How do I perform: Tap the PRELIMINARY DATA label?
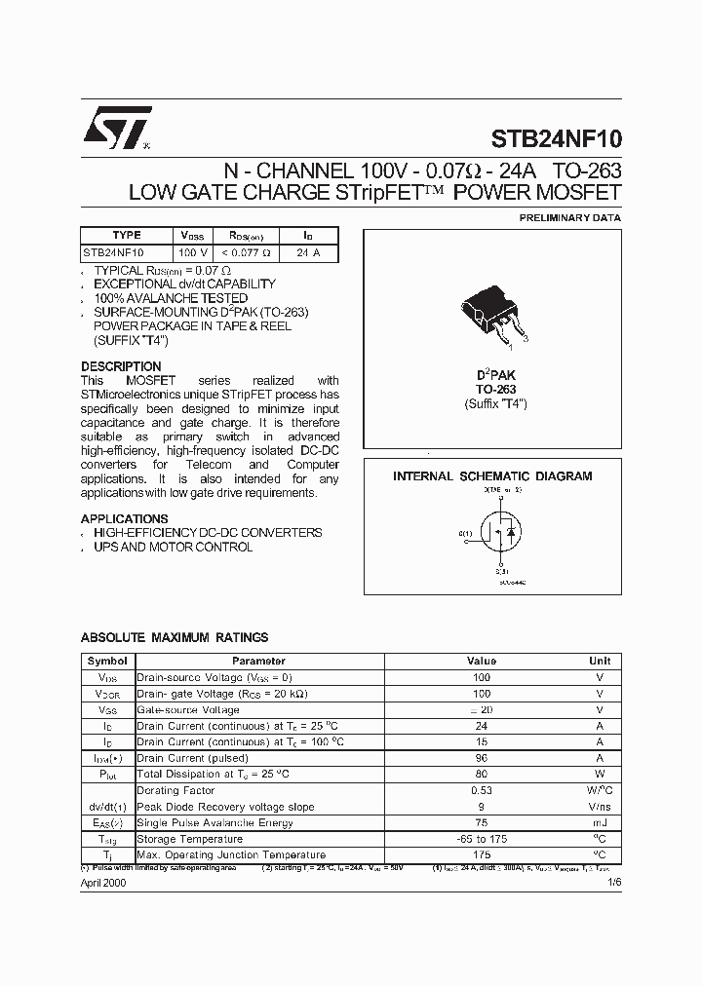coord(569,217)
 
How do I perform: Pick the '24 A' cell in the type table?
coord(308,252)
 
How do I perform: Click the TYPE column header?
coord(127,235)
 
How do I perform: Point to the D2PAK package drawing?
coord(493,314)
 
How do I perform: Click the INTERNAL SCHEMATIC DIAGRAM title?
coord(492,476)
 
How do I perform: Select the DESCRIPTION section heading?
coord(121,367)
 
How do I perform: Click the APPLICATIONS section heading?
coord(124,519)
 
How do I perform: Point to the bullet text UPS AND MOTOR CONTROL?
coord(173,547)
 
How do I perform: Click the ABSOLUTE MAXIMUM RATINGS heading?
coord(174,637)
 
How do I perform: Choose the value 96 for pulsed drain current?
coord(482,758)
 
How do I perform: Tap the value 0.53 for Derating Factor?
coord(482,790)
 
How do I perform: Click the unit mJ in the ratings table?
coord(600,822)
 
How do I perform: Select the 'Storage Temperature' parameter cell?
coord(190,839)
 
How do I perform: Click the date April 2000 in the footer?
coord(103,882)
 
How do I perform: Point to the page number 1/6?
coord(613,882)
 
